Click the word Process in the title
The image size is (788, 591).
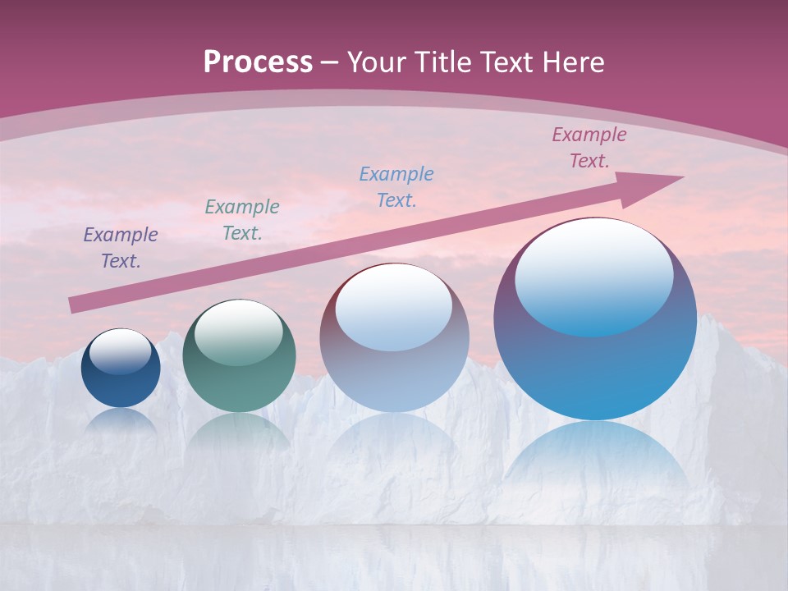[x=258, y=62]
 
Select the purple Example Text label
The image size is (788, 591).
[x=120, y=248]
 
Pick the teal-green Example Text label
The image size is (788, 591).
[x=241, y=220]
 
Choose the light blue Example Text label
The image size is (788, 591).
[x=396, y=186]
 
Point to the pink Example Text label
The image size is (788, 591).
[x=589, y=148]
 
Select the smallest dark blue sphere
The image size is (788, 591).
[x=121, y=382]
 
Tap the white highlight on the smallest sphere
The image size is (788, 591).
[x=120, y=351]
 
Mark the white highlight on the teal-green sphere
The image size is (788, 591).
[x=238, y=332]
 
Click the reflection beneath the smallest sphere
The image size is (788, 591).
[x=121, y=420]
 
